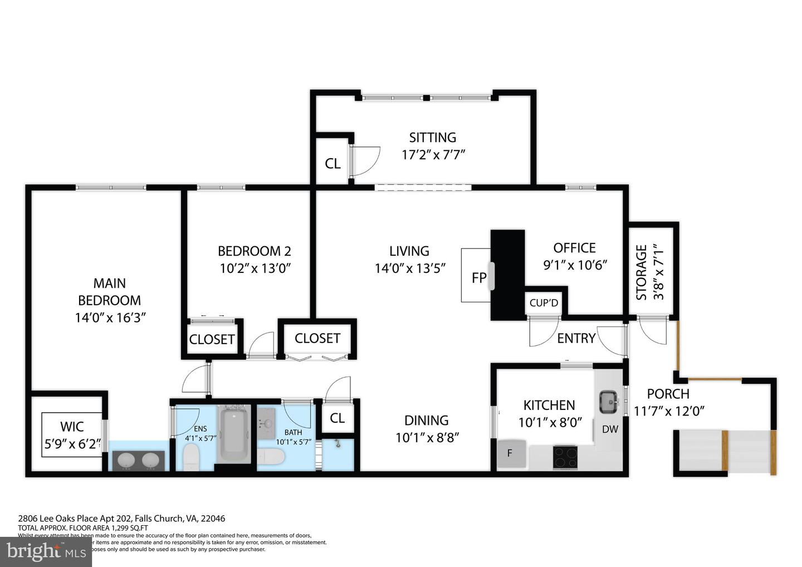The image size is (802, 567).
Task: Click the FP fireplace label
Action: (479, 277)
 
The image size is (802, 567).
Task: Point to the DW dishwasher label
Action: (610, 429)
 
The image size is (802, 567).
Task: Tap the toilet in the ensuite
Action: (191, 457)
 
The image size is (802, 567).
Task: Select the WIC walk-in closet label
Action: (72, 427)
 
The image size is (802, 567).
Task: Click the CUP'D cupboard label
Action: (544, 303)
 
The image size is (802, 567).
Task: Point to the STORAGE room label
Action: (642, 272)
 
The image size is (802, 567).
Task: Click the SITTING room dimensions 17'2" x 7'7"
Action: (433, 154)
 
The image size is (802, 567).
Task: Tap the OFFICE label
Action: (574, 248)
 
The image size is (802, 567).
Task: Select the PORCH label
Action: (668, 394)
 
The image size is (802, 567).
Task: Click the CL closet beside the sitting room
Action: (332, 164)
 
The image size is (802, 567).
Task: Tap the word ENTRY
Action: (576, 338)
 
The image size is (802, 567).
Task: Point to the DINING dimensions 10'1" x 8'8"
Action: (427, 438)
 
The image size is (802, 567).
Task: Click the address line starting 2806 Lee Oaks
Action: (121, 518)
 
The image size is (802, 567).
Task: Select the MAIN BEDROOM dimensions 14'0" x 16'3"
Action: (110, 317)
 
